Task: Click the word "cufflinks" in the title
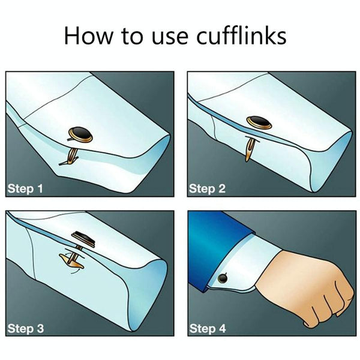point(241,35)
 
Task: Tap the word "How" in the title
point(89,35)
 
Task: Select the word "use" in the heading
point(170,38)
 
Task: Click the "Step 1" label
point(25,189)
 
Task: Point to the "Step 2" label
point(208,189)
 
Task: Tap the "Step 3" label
point(25,328)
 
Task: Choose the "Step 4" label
point(208,328)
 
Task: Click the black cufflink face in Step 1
point(81,134)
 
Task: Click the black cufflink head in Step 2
point(259,122)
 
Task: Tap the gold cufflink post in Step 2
point(250,149)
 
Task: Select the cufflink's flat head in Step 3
point(83,239)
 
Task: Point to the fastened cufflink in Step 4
point(223,278)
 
